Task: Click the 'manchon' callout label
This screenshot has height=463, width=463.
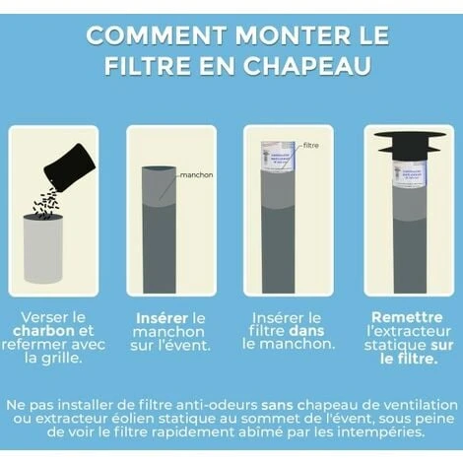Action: click(x=197, y=175)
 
